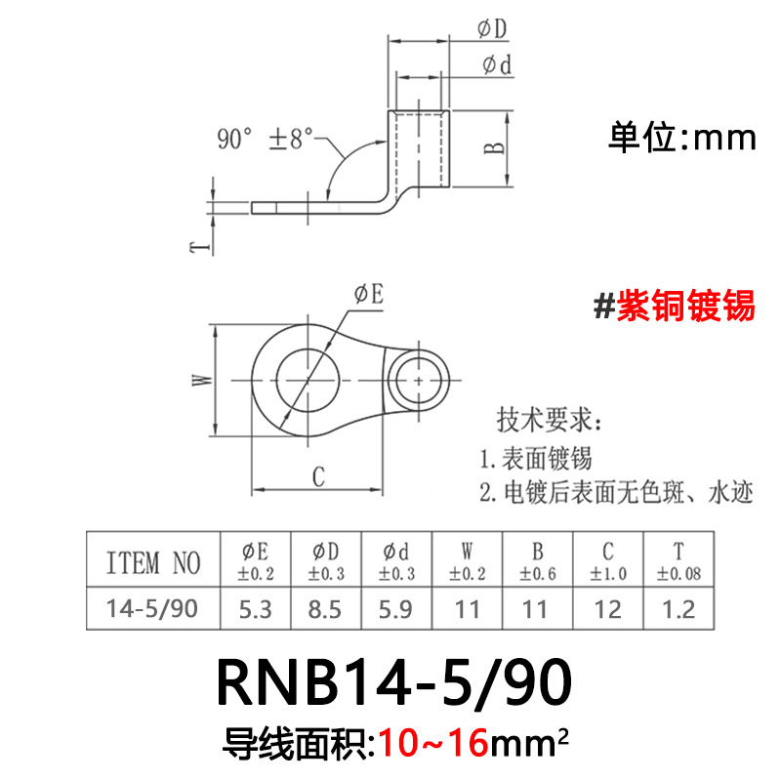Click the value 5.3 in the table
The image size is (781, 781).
[256, 610]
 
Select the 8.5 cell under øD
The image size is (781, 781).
[326, 610]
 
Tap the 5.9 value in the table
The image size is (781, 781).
[396, 610]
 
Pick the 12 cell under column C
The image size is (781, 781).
[608, 610]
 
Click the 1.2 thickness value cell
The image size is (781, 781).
[679, 610]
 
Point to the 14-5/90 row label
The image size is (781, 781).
[152, 610]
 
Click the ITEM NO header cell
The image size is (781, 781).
[152, 562]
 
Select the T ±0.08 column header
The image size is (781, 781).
[679, 561]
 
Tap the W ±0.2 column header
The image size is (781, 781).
[467, 561]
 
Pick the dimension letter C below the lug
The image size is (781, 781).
[318, 476]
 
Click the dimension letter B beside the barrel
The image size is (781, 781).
[495, 147]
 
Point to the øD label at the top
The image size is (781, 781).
[492, 30]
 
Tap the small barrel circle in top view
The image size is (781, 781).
[420, 376]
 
